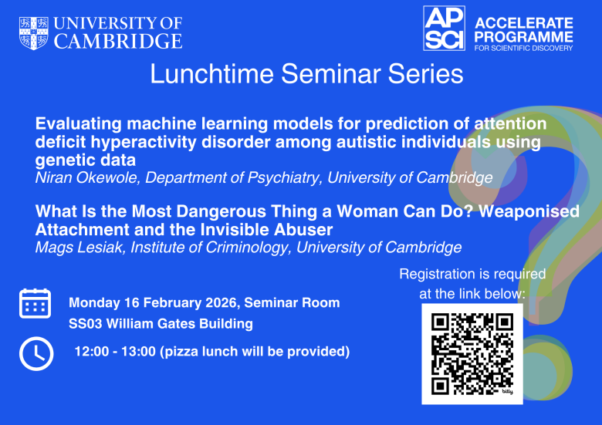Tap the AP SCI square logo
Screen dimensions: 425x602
tap(444, 29)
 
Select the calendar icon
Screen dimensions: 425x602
tap(35, 304)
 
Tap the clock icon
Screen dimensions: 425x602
tap(35, 353)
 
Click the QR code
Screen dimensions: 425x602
tap(472, 352)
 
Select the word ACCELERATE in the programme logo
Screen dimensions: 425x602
tap(524, 22)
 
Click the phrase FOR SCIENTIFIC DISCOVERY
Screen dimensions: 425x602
tap(524, 48)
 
